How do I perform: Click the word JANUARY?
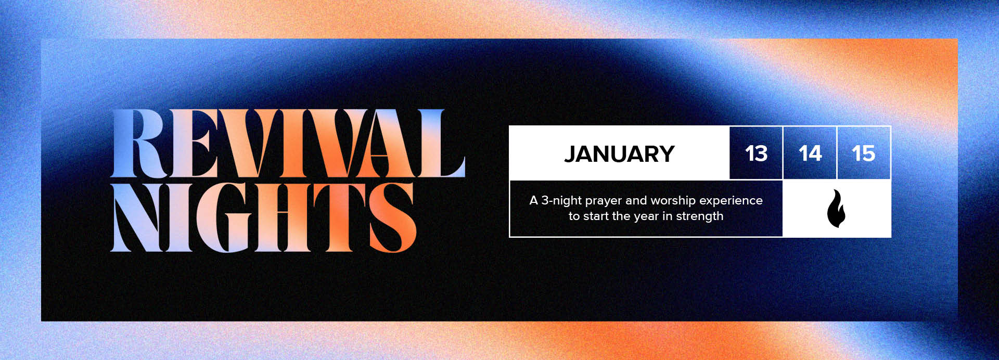coord(619,154)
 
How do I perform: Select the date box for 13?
coord(756,153)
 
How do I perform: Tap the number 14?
coord(810,153)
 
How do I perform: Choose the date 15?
coord(863,153)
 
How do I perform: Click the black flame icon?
coord(836,208)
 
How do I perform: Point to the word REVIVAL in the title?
coord(288,143)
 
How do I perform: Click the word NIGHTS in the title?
coord(264,217)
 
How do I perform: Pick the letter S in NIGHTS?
coord(393,217)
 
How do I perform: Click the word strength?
coord(699,216)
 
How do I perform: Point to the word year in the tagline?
coord(647,217)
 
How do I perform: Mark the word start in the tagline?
coord(596,216)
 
